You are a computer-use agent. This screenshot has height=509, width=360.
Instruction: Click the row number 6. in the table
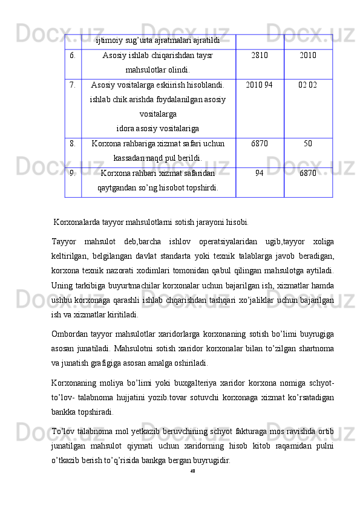[x=72, y=56]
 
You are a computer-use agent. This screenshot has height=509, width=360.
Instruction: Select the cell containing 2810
[x=259, y=56]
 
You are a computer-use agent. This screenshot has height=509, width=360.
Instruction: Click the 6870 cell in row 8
[x=259, y=144]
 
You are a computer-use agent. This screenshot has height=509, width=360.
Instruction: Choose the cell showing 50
[x=308, y=144]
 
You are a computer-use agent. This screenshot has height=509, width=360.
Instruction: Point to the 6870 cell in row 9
[x=308, y=173]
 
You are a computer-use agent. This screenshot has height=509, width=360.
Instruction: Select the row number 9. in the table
[x=72, y=173]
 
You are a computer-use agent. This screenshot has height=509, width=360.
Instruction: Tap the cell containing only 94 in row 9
[x=259, y=173]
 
